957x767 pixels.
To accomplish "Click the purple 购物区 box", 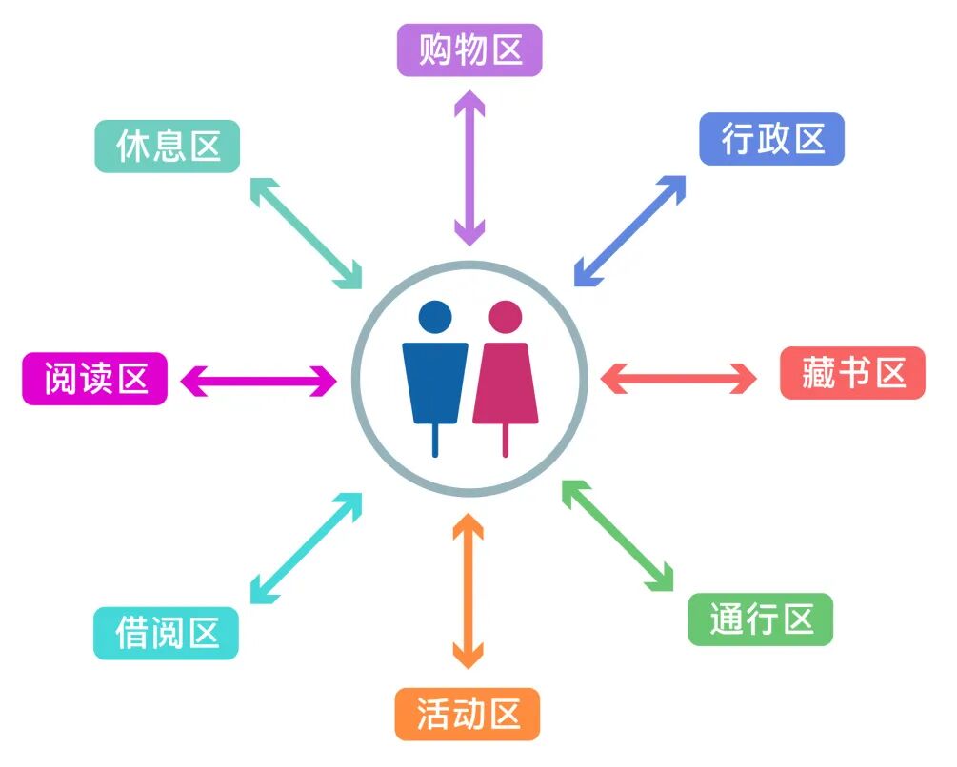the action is click(x=469, y=50).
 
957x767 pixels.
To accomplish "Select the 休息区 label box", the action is click(x=167, y=147).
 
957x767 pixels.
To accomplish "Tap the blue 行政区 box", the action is click(x=771, y=139).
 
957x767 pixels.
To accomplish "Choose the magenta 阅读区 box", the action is click(x=94, y=379).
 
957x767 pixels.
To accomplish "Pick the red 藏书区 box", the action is click(x=852, y=373).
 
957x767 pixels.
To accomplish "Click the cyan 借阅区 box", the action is click(x=166, y=633).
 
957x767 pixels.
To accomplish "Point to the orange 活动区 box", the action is click(x=468, y=714).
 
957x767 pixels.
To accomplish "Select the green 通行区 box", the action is click(x=760, y=619).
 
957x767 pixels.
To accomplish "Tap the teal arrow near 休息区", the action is click(x=306, y=232).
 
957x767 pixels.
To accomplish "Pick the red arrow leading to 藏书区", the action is click(x=678, y=377).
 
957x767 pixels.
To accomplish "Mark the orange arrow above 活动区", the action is click(x=468, y=591).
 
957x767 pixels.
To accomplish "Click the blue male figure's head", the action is click(x=435, y=317).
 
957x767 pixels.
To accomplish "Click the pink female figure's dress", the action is click(x=505, y=385).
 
